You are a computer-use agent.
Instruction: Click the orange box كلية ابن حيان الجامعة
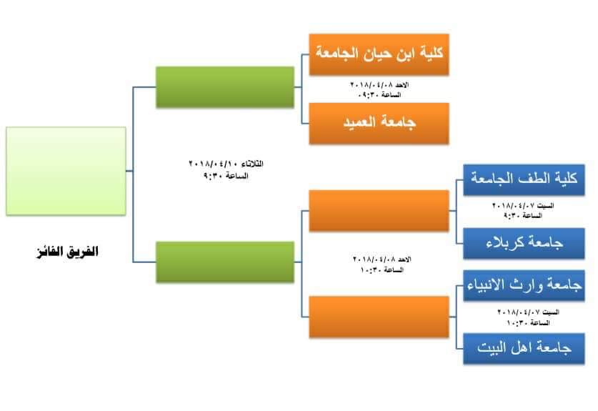pyautogui.click(x=379, y=54)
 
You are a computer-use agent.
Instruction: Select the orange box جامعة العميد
pyautogui.click(x=379, y=123)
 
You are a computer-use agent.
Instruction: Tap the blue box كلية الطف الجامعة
pyautogui.click(x=524, y=179)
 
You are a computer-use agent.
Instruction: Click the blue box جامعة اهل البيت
pyautogui.click(x=524, y=348)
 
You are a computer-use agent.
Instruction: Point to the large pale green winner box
pyautogui.click(x=66, y=171)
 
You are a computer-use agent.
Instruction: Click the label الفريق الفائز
pyautogui.click(x=69, y=252)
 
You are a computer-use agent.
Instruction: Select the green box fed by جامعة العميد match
pyautogui.click(x=225, y=88)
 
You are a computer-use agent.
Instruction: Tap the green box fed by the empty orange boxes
pyautogui.click(x=225, y=263)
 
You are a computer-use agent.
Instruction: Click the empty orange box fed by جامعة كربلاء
pyautogui.click(x=379, y=210)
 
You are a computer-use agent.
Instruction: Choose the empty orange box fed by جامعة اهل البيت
pyautogui.click(x=379, y=316)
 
